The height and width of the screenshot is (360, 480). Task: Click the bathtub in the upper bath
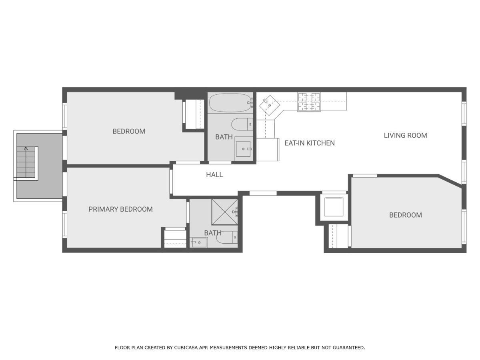click(x=230, y=102)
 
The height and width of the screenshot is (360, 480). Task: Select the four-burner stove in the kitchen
click(x=309, y=102)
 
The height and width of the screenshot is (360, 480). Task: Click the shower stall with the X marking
click(x=224, y=212)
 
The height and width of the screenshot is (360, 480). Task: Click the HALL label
click(x=214, y=175)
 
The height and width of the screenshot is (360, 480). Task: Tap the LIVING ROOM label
click(x=405, y=136)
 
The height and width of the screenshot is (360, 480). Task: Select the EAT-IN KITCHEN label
click(x=309, y=143)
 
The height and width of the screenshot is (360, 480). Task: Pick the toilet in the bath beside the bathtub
click(x=242, y=124)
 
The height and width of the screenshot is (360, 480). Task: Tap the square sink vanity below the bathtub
click(x=243, y=149)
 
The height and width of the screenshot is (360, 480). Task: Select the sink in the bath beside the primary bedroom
click(x=199, y=242)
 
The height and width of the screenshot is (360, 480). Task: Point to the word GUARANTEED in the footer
click(x=348, y=348)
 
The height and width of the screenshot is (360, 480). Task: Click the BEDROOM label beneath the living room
click(x=405, y=215)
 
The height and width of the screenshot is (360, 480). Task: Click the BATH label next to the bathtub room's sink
click(x=224, y=137)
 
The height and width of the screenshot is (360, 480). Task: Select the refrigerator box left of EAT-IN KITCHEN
click(x=267, y=150)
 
